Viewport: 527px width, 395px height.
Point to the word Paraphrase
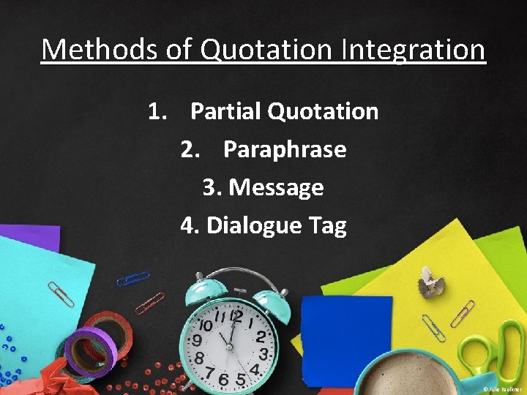pyautogui.click(x=285, y=149)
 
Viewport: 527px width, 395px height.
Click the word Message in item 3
pyautogui.click(x=276, y=187)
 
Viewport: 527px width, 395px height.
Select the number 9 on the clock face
pyautogui.click(x=197, y=341)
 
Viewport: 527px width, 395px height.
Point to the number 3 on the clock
pyautogui.click(x=264, y=353)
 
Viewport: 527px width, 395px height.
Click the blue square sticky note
pyautogui.click(x=337, y=330)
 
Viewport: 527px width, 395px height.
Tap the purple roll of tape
pyautogui.click(x=89, y=350)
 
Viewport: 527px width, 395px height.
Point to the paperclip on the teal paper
pyautogui.click(x=59, y=293)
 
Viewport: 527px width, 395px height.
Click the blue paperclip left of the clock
pyautogui.click(x=132, y=279)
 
